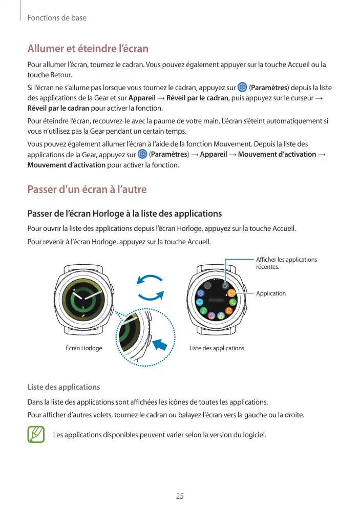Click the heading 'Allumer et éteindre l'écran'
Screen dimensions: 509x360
coord(88,49)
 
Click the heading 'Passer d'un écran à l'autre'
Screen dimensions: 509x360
coord(87,189)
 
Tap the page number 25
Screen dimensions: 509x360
coord(180,496)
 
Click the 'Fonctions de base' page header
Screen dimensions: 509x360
coord(57,18)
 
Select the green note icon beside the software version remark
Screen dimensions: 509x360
coord(36,435)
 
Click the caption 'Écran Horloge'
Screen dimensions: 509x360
coord(84,348)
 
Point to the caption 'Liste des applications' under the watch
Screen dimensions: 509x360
coord(217,348)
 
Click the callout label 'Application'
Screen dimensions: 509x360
coord(271,293)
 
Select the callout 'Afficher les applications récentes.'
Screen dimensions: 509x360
coord(286,263)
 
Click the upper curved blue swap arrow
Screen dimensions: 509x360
coord(150,280)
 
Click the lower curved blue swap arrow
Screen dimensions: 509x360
coord(152,296)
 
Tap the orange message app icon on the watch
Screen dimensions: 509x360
coord(232,293)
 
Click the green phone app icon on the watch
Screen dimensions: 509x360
coord(234,303)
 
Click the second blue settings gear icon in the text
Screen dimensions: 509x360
coord(142,154)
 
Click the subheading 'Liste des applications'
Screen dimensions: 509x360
coord(63,387)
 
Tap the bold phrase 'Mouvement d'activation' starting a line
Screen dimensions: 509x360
coord(67,165)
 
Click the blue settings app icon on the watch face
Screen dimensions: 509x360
coord(201,293)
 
